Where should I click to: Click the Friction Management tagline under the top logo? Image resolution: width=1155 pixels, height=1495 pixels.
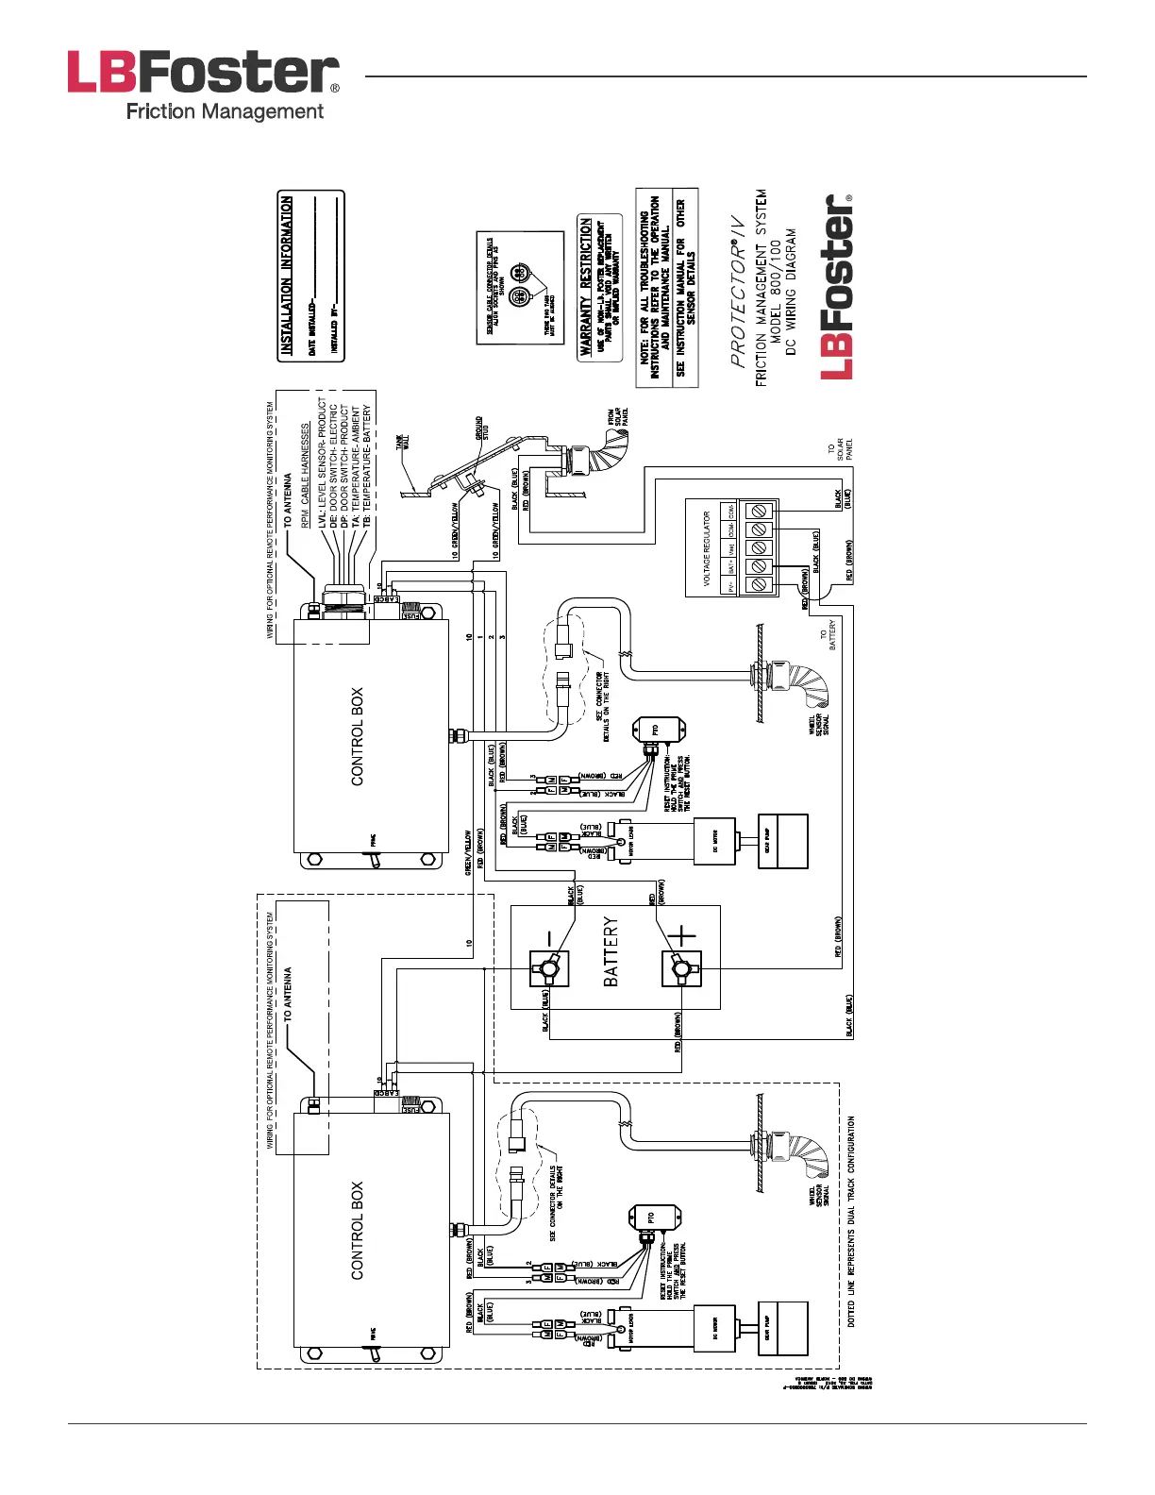coord(225,111)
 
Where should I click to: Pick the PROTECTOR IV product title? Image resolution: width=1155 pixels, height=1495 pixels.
coord(738,292)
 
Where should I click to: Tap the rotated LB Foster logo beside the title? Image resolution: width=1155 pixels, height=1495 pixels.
coord(837,287)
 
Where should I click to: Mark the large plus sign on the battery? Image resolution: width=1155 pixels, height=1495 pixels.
coord(681,936)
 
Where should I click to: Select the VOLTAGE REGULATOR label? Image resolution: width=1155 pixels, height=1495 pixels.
coord(707,548)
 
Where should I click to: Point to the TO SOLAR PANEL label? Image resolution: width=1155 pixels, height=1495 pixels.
coord(840,449)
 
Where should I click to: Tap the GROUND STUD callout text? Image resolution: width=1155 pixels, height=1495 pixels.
coord(482,428)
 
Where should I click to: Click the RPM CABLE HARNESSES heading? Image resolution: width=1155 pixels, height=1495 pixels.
coord(305,476)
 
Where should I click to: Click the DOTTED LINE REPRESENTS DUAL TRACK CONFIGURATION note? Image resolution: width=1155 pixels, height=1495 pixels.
coord(851,1221)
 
